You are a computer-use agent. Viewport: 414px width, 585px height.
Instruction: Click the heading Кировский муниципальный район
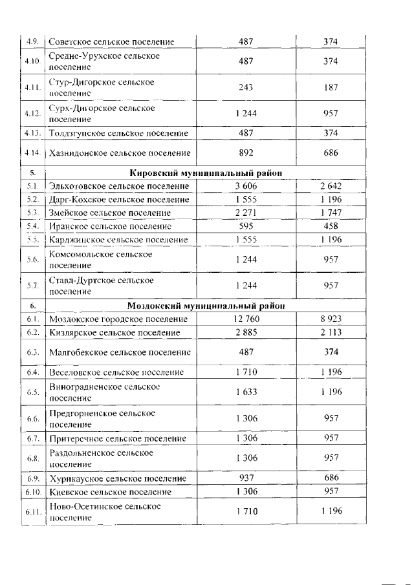point(206,173)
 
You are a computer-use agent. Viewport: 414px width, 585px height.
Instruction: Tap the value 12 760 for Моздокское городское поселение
point(246,319)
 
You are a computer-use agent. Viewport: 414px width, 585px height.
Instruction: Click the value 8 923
point(331,319)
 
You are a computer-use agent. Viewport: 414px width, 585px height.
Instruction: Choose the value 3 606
point(246,186)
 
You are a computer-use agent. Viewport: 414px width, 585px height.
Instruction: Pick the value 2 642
point(331,186)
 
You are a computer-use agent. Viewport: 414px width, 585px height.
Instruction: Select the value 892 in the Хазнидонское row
point(246,153)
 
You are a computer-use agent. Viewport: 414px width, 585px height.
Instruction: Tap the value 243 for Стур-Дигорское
point(246,87)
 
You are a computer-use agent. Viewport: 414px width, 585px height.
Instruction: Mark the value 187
point(331,87)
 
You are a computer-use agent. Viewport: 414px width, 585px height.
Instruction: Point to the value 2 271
point(246,213)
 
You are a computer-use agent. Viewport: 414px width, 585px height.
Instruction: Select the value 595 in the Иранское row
point(246,226)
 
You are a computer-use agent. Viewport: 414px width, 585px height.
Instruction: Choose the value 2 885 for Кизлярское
point(246,332)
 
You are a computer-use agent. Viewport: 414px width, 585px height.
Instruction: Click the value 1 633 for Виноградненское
point(246,391)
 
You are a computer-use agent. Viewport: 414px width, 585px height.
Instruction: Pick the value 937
point(246,479)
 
